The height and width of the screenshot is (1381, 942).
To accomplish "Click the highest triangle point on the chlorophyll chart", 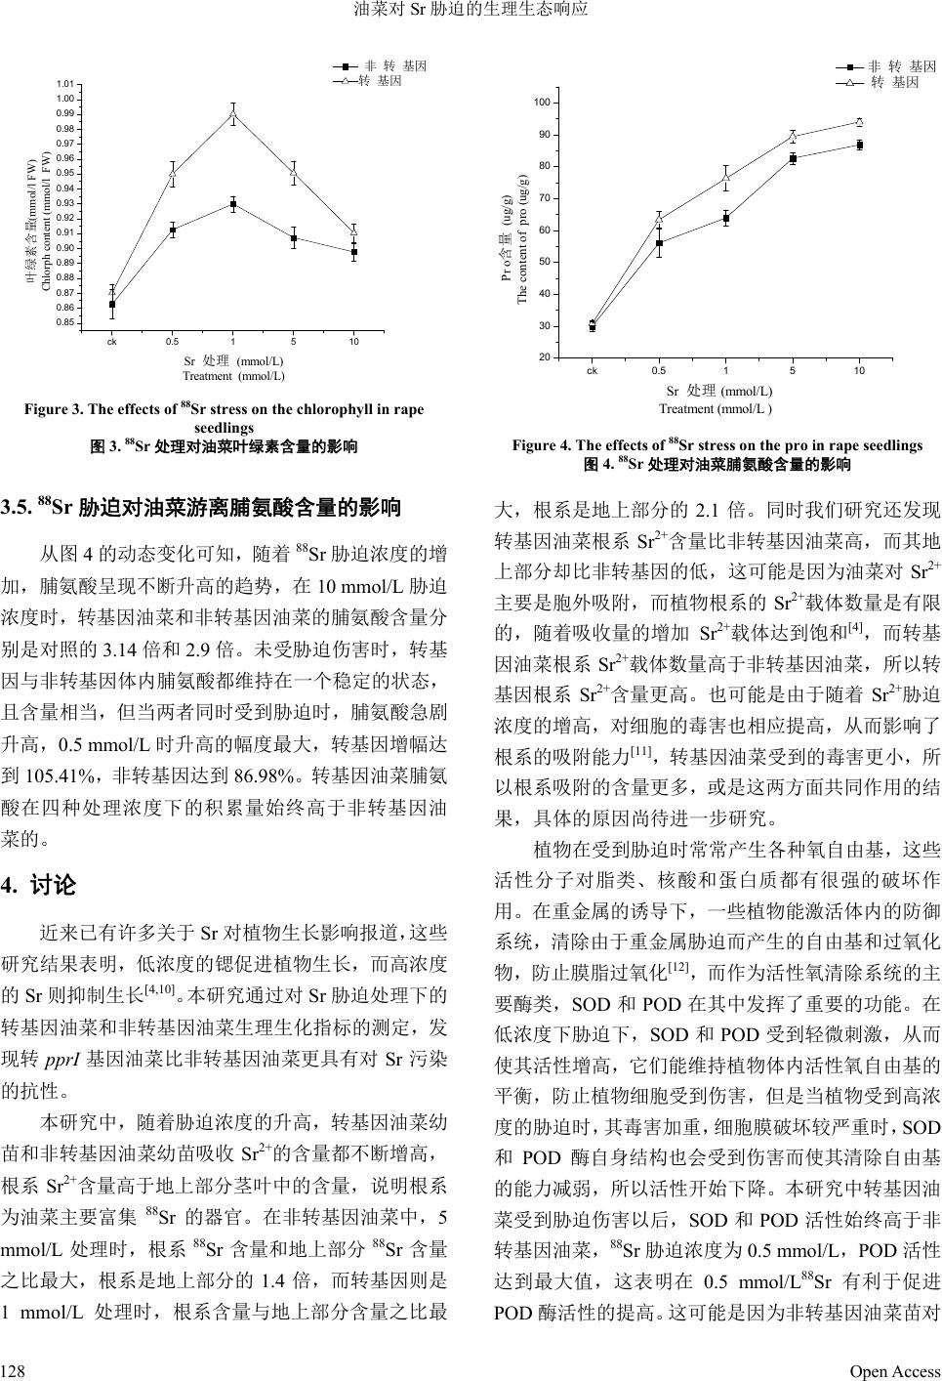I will pyautogui.click(x=233, y=114).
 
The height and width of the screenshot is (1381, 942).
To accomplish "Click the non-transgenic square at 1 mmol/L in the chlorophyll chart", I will pyautogui.click(x=233, y=204).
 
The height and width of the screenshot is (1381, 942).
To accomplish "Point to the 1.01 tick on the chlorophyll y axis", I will pyautogui.click(x=66, y=85).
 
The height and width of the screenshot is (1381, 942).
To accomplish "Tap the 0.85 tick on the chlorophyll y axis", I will pyautogui.click(x=66, y=322).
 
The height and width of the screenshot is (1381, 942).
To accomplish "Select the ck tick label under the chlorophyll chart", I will pyautogui.click(x=112, y=341).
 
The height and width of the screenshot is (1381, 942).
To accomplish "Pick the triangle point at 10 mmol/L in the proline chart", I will pyautogui.click(x=859, y=122).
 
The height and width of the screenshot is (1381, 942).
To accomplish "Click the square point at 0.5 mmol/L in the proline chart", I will pyautogui.click(x=659, y=243).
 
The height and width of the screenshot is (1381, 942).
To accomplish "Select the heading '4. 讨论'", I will pyautogui.click(x=39, y=886).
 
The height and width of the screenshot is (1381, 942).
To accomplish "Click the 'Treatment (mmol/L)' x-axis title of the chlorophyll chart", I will pyautogui.click(x=233, y=376).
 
